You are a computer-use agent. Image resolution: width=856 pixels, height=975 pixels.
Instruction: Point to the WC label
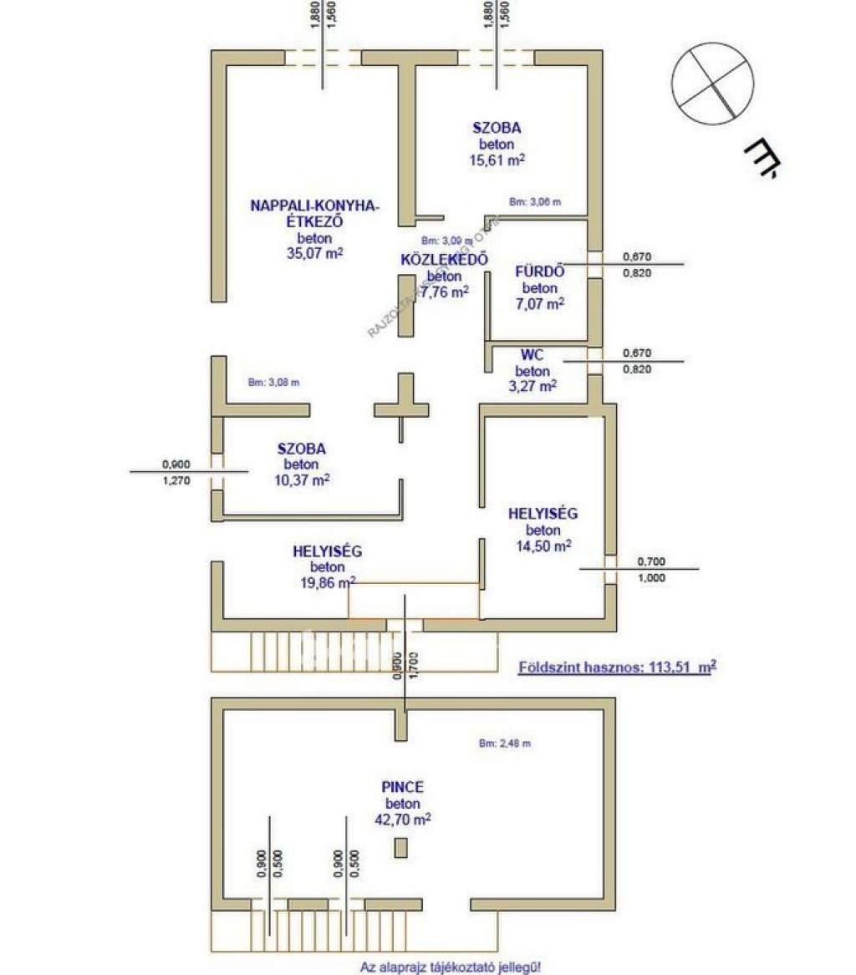(532, 355)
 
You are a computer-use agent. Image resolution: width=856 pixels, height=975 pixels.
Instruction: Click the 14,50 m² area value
(543, 546)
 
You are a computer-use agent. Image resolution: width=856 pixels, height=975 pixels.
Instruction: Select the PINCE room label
(402, 787)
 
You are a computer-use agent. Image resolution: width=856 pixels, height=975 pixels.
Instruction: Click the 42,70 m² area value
(402, 820)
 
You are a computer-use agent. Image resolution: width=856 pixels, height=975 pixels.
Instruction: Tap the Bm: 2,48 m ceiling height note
(506, 742)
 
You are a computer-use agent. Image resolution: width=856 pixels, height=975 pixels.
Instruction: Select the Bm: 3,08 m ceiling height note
(273, 383)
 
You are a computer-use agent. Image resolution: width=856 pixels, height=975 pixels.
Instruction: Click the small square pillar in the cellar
(402, 848)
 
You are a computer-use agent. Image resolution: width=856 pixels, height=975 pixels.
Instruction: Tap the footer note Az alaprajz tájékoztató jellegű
(451, 967)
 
